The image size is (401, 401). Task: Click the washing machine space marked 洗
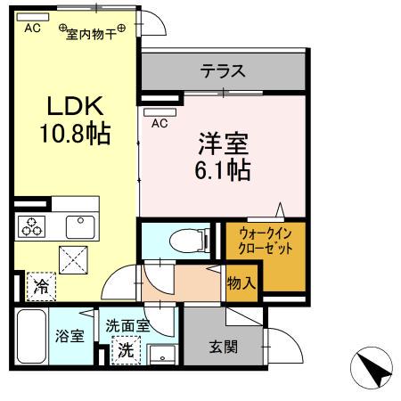click(127, 350)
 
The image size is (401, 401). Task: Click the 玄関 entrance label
click(224, 347)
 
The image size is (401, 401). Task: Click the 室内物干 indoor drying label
click(91, 29)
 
